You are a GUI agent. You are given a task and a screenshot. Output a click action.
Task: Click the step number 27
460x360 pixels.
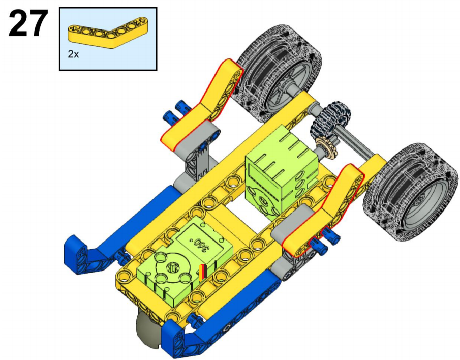point(28,23)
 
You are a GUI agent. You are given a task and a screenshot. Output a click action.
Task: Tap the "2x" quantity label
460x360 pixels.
point(73,54)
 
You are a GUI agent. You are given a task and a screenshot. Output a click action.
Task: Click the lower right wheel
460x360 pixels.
point(411,192)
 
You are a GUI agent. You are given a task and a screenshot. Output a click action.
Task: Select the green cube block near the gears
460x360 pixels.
point(282,173)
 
